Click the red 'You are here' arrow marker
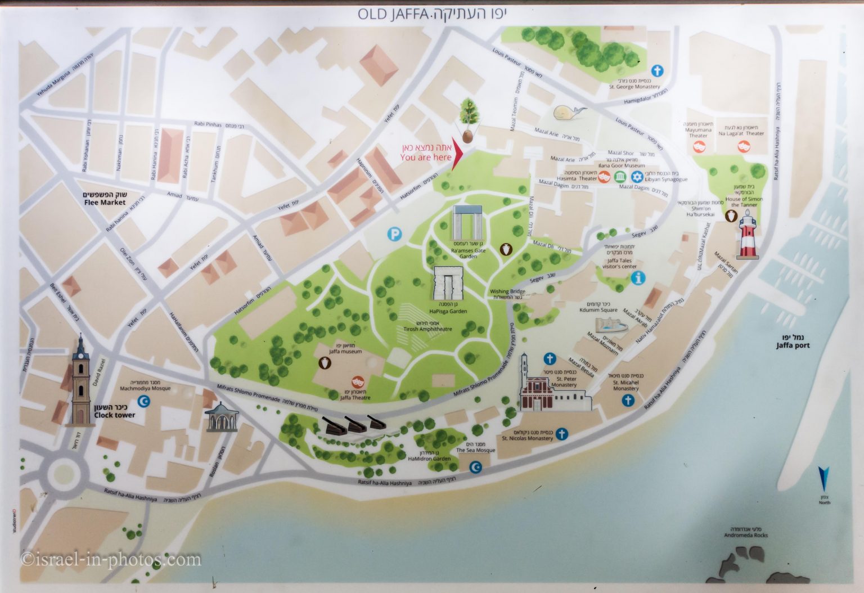tap(457, 152)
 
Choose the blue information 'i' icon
tap(638, 277)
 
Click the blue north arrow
tap(824, 480)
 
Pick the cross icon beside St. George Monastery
tap(656, 71)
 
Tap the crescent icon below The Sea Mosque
tap(476, 466)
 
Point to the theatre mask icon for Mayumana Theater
tap(700, 146)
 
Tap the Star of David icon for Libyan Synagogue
tap(638, 177)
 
